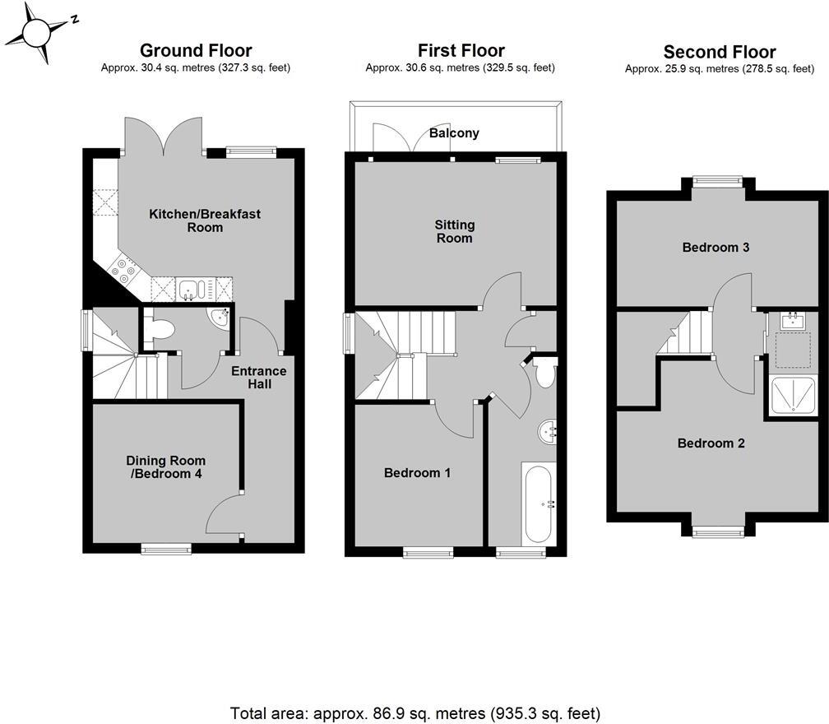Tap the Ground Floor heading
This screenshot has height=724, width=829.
tap(196, 51)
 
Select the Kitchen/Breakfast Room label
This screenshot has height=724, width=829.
tap(205, 220)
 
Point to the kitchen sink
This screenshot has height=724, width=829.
tap(191, 289)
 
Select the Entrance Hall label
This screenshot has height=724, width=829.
tap(258, 378)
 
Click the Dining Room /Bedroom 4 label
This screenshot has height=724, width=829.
tap(164, 467)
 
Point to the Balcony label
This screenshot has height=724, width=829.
tap(454, 132)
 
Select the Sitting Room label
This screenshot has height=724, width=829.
tap(455, 231)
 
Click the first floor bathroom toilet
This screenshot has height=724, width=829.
tap(544, 372)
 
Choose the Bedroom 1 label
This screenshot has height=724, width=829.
tap(417, 473)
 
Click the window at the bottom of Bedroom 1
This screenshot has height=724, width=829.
tap(428, 554)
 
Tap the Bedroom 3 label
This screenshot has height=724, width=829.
tap(716, 247)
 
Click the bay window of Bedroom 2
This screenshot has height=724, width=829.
tap(717, 532)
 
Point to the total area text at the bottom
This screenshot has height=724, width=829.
tap(414, 712)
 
